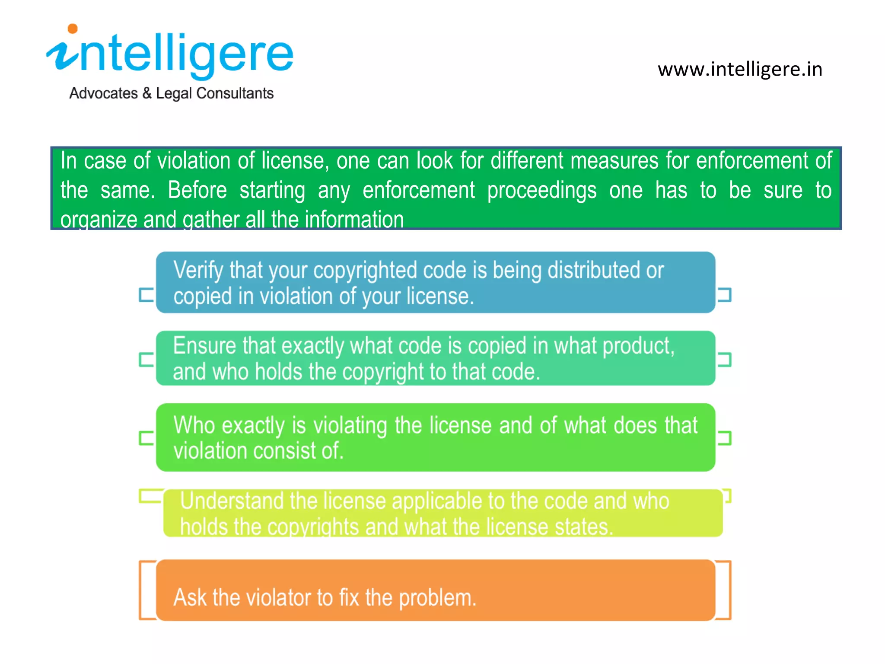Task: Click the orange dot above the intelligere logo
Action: (73, 29)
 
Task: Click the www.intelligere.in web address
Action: (740, 70)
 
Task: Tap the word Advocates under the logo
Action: (103, 93)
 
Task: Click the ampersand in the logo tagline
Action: (147, 93)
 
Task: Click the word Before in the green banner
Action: (197, 190)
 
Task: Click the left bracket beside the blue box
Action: (146, 295)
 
